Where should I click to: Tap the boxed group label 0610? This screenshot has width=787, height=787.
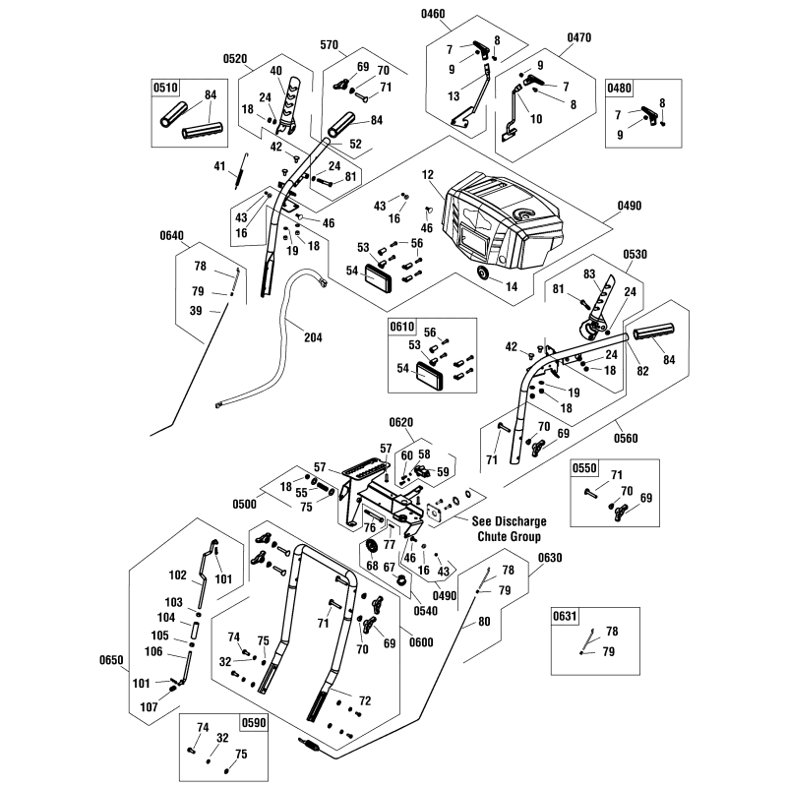pos(402,326)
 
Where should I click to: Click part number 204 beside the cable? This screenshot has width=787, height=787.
pos(313,337)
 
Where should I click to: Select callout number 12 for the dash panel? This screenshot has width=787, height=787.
pos(428,174)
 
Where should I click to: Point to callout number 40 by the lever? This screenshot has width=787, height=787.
pos(275,71)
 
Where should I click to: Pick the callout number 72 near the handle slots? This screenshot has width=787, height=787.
pos(365,700)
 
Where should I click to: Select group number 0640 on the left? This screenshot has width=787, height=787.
pos(171,235)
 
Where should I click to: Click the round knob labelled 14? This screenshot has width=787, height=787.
pos(483,272)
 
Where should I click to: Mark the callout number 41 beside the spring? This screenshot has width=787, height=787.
pos(219,167)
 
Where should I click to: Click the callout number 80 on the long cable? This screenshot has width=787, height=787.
pos(482,622)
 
